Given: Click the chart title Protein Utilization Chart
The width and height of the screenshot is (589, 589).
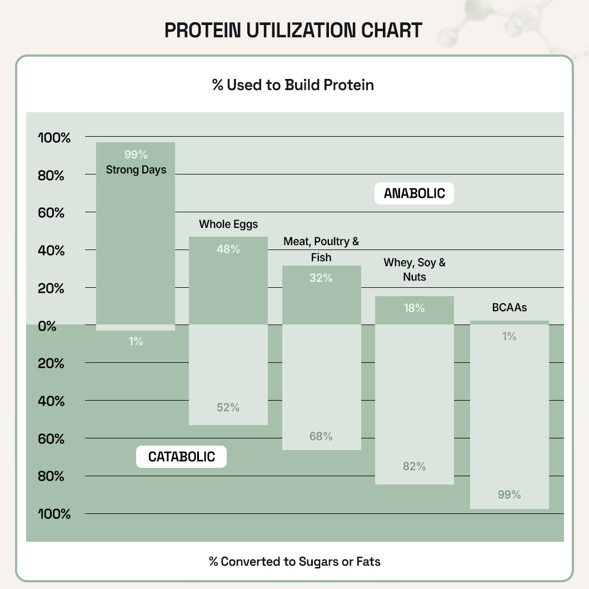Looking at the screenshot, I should [x=293, y=30].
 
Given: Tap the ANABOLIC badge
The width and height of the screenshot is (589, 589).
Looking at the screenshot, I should [x=414, y=193].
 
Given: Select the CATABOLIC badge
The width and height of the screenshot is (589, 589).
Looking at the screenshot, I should [x=181, y=457].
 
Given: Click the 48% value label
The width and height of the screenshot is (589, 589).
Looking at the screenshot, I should [x=228, y=249].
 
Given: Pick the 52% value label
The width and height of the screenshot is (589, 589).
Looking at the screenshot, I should [x=228, y=407].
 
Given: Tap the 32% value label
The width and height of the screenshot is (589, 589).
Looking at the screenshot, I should [x=321, y=278].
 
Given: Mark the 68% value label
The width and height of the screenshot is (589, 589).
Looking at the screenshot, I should [x=321, y=436].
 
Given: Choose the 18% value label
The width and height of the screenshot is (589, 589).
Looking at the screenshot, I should [x=414, y=308].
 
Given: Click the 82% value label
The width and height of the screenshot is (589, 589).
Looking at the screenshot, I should [x=414, y=466].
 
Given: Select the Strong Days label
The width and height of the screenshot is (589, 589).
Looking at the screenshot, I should [x=136, y=169].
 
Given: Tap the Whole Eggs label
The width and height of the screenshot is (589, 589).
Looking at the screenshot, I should [x=228, y=224].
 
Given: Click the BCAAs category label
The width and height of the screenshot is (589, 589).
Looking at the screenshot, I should [x=509, y=307].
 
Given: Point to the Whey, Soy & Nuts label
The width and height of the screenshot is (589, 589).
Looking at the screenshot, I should [x=415, y=269].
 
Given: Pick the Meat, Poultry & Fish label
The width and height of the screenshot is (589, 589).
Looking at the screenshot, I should [x=321, y=249].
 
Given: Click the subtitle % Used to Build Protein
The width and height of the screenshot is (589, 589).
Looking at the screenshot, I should [x=293, y=85].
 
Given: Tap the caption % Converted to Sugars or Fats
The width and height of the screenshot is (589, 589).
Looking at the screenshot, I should [x=294, y=561].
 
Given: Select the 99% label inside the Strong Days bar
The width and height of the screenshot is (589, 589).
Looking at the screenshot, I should [x=136, y=154].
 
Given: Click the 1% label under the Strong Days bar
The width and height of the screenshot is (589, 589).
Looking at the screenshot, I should [x=136, y=342].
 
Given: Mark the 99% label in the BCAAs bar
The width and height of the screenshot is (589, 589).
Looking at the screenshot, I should [x=509, y=495].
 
